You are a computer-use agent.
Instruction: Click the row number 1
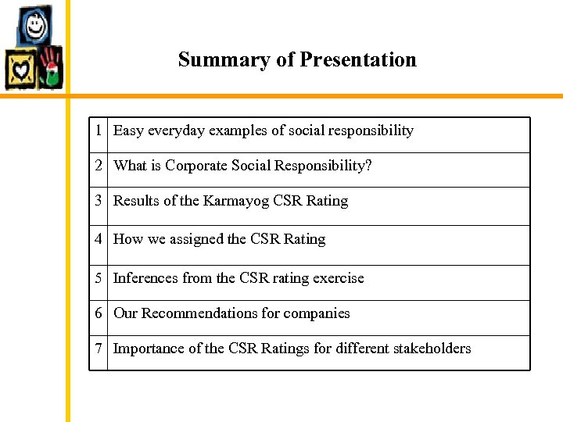[x=99, y=131]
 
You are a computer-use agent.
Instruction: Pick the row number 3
[x=99, y=201]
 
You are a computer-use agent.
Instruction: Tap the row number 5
[x=99, y=278]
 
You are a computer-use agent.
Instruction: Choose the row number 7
[x=99, y=349]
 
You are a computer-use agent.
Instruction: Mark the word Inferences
[x=145, y=278]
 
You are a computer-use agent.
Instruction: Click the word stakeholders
[x=432, y=349]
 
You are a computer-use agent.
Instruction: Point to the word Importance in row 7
[x=149, y=349]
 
